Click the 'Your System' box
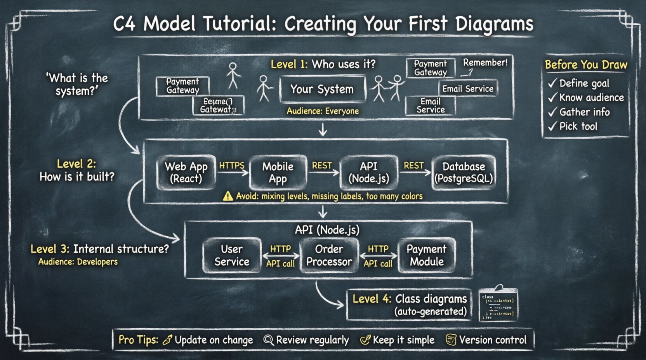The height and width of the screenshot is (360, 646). pyautogui.click(x=322, y=89)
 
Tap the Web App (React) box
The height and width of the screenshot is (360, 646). pyautogui.click(x=186, y=173)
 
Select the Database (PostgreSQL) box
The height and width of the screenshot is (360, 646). pyautogui.click(x=464, y=173)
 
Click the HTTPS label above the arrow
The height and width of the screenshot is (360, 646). pyautogui.click(x=232, y=166)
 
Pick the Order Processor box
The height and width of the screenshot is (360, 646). pyautogui.click(x=329, y=255)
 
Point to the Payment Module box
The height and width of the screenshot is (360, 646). pyautogui.click(x=426, y=255)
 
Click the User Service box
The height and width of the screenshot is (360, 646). pyautogui.click(x=232, y=255)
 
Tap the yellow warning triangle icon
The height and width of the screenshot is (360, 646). pyautogui.click(x=228, y=196)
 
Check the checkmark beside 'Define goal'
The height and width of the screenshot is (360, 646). pyautogui.click(x=552, y=83)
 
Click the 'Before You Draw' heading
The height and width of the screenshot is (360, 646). pyautogui.click(x=586, y=65)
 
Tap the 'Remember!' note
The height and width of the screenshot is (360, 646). pyautogui.click(x=485, y=63)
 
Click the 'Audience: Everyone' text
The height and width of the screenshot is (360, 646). pyautogui.click(x=323, y=111)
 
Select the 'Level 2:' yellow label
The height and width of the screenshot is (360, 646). pyautogui.click(x=76, y=164)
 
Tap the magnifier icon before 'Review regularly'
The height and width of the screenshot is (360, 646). pyautogui.click(x=268, y=340)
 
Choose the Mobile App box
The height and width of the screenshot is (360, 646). pyautogui.click(x=278, y=173)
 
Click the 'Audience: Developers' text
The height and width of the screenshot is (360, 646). pyautogui.click(x=78, y=262)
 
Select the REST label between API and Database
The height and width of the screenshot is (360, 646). pyautogui.click(x=413, y=166)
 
